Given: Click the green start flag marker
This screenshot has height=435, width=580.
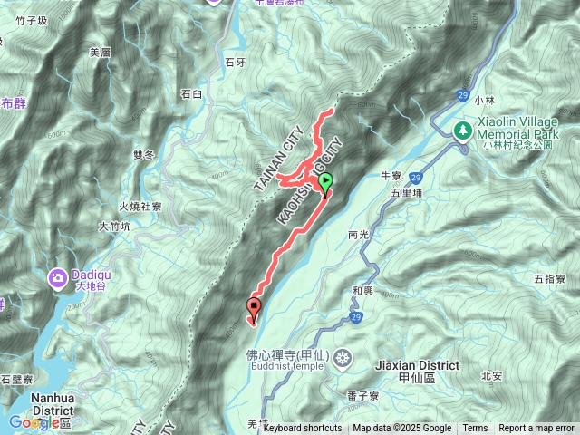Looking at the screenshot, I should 326,182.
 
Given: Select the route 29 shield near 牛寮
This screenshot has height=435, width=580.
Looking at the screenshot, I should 414,178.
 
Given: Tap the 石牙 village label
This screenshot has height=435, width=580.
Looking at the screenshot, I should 234,62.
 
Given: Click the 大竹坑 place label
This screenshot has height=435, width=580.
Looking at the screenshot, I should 115,227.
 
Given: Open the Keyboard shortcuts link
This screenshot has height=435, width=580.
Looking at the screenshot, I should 303,429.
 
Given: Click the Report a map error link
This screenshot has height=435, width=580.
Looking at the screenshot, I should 537,429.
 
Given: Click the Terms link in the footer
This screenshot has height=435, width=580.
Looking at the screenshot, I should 475,429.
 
